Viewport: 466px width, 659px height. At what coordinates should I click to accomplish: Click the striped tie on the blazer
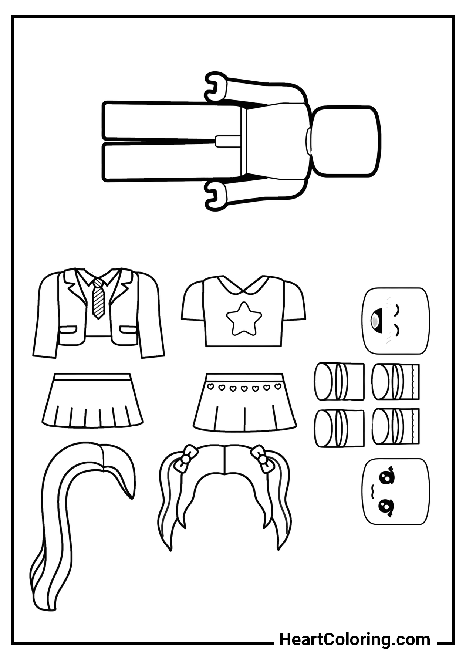98,299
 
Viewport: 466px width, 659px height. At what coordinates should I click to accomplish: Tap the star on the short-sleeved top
244,318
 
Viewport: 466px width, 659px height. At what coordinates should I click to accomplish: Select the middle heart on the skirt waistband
244,388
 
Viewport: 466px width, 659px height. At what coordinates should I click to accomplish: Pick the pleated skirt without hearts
92,401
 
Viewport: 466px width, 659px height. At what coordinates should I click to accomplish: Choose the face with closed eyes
396,321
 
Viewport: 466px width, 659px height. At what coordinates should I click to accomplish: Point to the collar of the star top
244,285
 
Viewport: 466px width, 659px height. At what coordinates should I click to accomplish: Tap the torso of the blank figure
276,141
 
